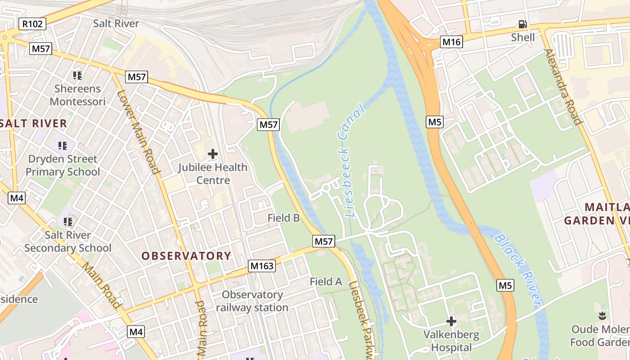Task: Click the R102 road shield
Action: (33, 24)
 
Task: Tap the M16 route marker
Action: (451, 42)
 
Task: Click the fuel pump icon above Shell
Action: (522, 24)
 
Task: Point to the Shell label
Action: (523, 37)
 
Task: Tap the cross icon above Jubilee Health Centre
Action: (213, 154)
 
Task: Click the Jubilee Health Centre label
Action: (213, 174)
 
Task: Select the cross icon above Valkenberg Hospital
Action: (451, 321)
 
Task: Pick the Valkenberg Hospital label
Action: (451, 341)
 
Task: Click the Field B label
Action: (283, 218)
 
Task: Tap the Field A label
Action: (326, 282)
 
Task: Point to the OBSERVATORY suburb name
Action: (186, 256)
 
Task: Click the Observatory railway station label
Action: (252, 301)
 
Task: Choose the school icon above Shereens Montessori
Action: (77, 75)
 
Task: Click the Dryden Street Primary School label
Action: (63, 165)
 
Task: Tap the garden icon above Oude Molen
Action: (602, 316)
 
